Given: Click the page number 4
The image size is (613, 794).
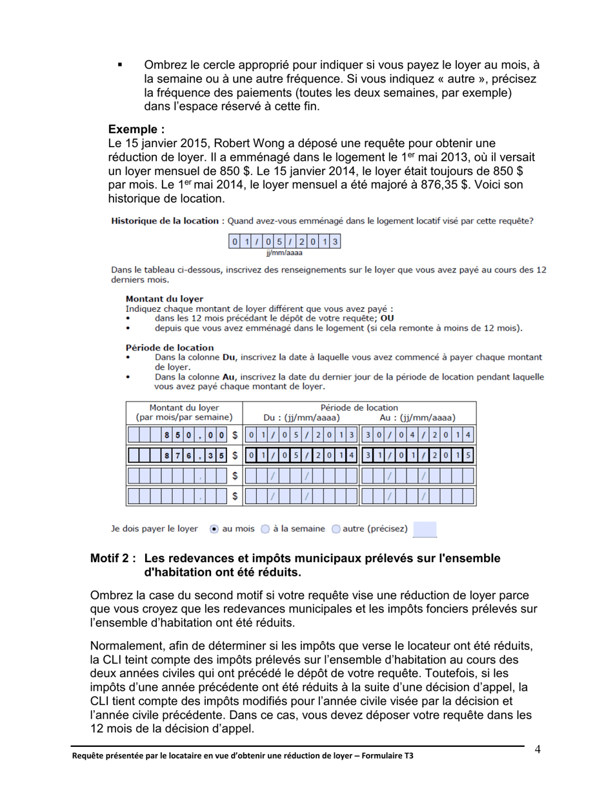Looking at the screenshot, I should pos(537,749).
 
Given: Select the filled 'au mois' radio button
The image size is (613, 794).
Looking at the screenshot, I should pos(214,529).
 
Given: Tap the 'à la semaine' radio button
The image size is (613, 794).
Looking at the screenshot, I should pos(265,529).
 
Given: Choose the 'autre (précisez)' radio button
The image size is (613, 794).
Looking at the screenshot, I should pos(336,529).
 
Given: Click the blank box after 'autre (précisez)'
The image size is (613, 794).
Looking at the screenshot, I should pos(425,529).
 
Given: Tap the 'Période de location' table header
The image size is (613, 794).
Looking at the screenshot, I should pos(359,407).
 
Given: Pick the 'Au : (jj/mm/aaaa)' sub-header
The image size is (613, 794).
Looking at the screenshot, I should pos(417,418).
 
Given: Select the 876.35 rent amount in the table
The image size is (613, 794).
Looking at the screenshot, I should pos(194,456).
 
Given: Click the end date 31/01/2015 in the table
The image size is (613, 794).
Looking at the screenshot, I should pos(417,456).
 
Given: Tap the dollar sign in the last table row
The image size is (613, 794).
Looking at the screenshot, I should pos(235,496).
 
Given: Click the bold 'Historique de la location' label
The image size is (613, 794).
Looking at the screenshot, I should pos(165,221).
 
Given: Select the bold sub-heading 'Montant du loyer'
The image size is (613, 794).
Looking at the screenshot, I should pos(165,299).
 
